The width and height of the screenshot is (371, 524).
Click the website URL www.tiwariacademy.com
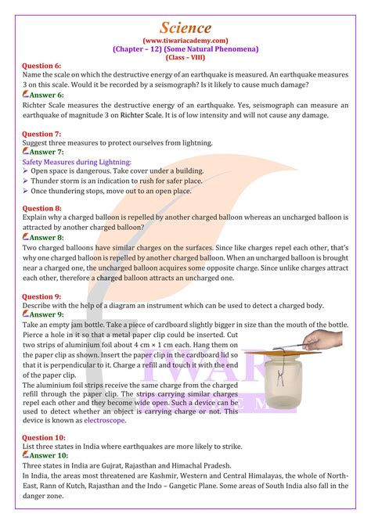[x=185, y=40]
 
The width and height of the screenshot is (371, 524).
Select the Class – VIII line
[x=185, y=57]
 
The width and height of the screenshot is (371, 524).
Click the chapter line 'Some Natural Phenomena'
[x=185, y=48]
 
